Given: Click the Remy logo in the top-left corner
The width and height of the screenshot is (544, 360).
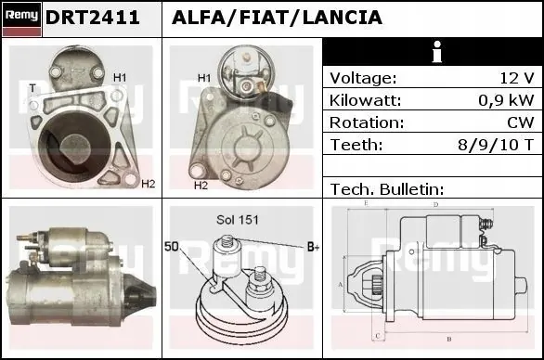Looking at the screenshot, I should [21, 18].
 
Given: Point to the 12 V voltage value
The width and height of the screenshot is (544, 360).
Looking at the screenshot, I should [515, 78].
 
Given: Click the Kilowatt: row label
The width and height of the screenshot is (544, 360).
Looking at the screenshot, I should [366, 100].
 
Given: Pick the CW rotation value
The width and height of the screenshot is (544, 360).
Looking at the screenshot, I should [521, 122].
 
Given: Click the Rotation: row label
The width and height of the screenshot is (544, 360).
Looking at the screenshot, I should [366, 122].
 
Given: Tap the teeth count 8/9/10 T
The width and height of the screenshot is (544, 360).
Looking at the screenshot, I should [502, 145].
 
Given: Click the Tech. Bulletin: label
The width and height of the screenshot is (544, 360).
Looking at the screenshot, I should [387, 188].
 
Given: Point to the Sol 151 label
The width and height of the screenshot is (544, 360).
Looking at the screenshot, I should [238, 220].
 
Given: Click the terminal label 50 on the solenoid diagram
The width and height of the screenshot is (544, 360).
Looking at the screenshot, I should [173, 246].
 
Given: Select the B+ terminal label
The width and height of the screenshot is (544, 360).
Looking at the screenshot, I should [313, 248].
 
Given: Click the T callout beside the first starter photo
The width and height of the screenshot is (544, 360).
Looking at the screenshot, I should [32, 88].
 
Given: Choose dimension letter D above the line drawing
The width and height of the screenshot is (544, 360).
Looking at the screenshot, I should [435, 204].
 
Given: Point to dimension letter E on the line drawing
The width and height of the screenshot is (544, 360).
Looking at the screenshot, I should [366, 202].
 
